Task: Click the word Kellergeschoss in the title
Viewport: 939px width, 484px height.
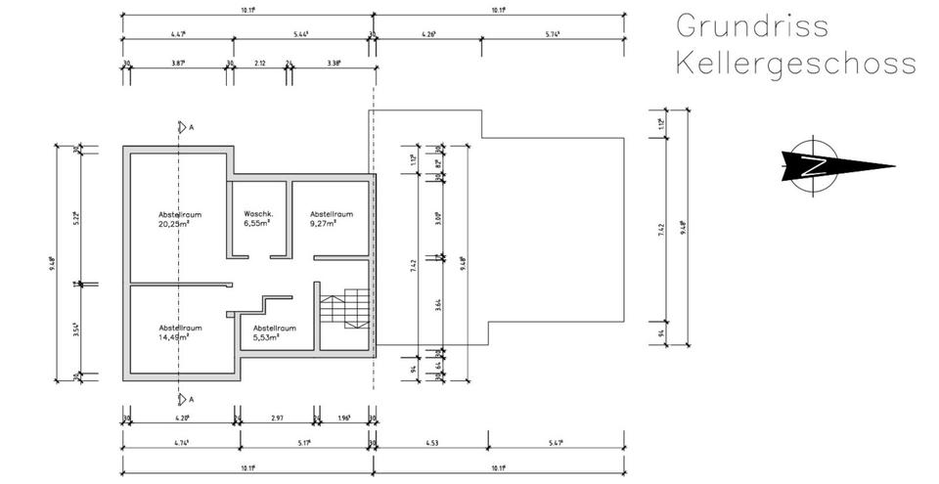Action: tap(795, 64)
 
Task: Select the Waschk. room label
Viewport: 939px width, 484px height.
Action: tap(258, 214)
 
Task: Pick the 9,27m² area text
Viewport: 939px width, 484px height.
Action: tap(324, 223)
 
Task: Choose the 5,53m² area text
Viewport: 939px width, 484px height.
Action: tap(266, 336)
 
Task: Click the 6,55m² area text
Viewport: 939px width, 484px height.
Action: tap(257, 223)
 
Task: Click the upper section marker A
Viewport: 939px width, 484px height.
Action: tap(182, 127)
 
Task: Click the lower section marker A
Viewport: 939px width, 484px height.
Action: tap(182, 398)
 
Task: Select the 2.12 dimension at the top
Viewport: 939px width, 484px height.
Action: tap(259, 63)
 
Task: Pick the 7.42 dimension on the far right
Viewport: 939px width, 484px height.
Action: tap(662, 231)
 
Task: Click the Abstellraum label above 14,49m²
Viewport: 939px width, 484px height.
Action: tap(180, 328)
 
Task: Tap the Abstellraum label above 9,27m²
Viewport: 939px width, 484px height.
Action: tap(332, 214)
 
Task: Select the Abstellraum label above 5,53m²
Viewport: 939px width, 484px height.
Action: tap(274, 328)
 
